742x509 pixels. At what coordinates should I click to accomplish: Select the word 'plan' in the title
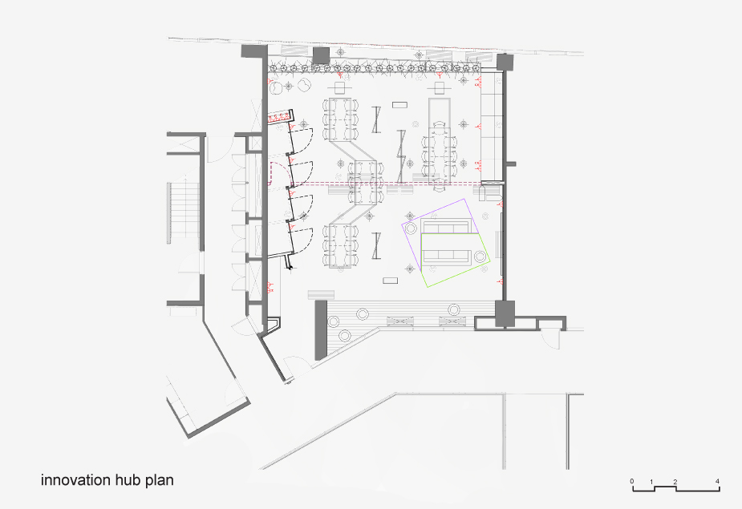[x=160, y=481]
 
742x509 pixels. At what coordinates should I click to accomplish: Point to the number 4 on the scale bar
[x=717, y=482]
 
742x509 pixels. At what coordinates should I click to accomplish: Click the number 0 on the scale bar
[x=632, y=482]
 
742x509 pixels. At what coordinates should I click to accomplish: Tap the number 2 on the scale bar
[x=675, y=482]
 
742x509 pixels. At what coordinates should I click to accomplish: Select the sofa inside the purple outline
[x=445, y=227]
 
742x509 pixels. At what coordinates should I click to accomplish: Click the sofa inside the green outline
[x=446, y=256]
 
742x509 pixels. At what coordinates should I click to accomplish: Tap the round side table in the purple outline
[x=411, y=228]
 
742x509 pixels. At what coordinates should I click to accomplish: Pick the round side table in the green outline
[x=480, y=257]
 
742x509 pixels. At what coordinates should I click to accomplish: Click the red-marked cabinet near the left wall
[x=279, y=116]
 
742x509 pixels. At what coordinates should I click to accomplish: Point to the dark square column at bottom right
[x=505, y=313]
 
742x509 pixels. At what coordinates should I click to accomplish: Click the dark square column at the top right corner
[x=505, y=63]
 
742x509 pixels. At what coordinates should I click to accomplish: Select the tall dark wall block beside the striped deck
[x=321, y=329]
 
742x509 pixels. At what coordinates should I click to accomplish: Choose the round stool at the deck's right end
[x=454, y=310]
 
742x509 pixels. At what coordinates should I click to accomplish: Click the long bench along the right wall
[x=491, y=127]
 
